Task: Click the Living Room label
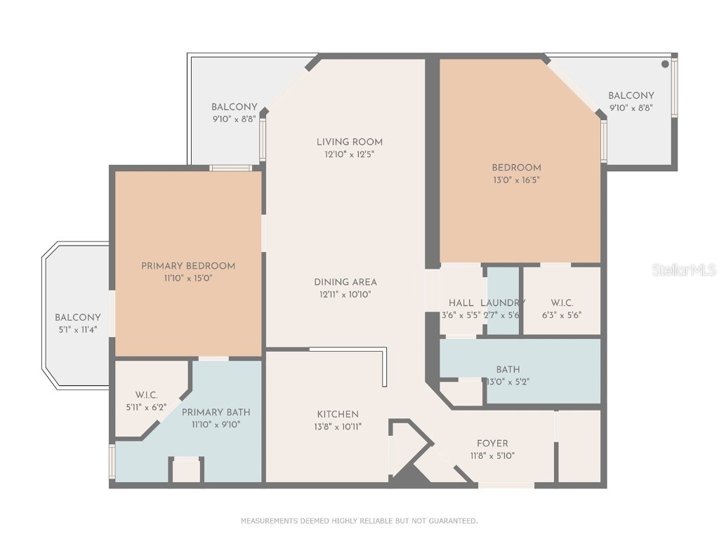pyautogui.click(x=349, y=142)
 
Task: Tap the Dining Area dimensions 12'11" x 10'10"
pyautogui.click(x=345, y=295)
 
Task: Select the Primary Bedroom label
pyautogui.click(x=188, y=266)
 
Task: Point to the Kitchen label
pyautogui.click(x=338, y=414)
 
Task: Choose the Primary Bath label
pyautogui.click(x=216, y=412)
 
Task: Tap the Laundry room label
pyautogui.click(x=502, y=302)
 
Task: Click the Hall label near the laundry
pyautogui.click(x=461, y=302)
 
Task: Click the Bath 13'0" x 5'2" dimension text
pyautogui.click(x=508, y=382)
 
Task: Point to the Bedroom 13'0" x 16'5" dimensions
pyautogui.click(x=516, y=180)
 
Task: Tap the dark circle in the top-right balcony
pyautogui.click(x=664, y=64)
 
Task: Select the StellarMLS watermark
pyautogui.click(x=683, y=269)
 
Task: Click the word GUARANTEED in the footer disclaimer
pyautogui.click(x=454, y=521)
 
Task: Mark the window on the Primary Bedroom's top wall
pyautogui.click(x=231, y=168)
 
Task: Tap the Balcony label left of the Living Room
pyautogui.click(x=234, y=107)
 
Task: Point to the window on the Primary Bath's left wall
pyautogui.click(x=112, y=462)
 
